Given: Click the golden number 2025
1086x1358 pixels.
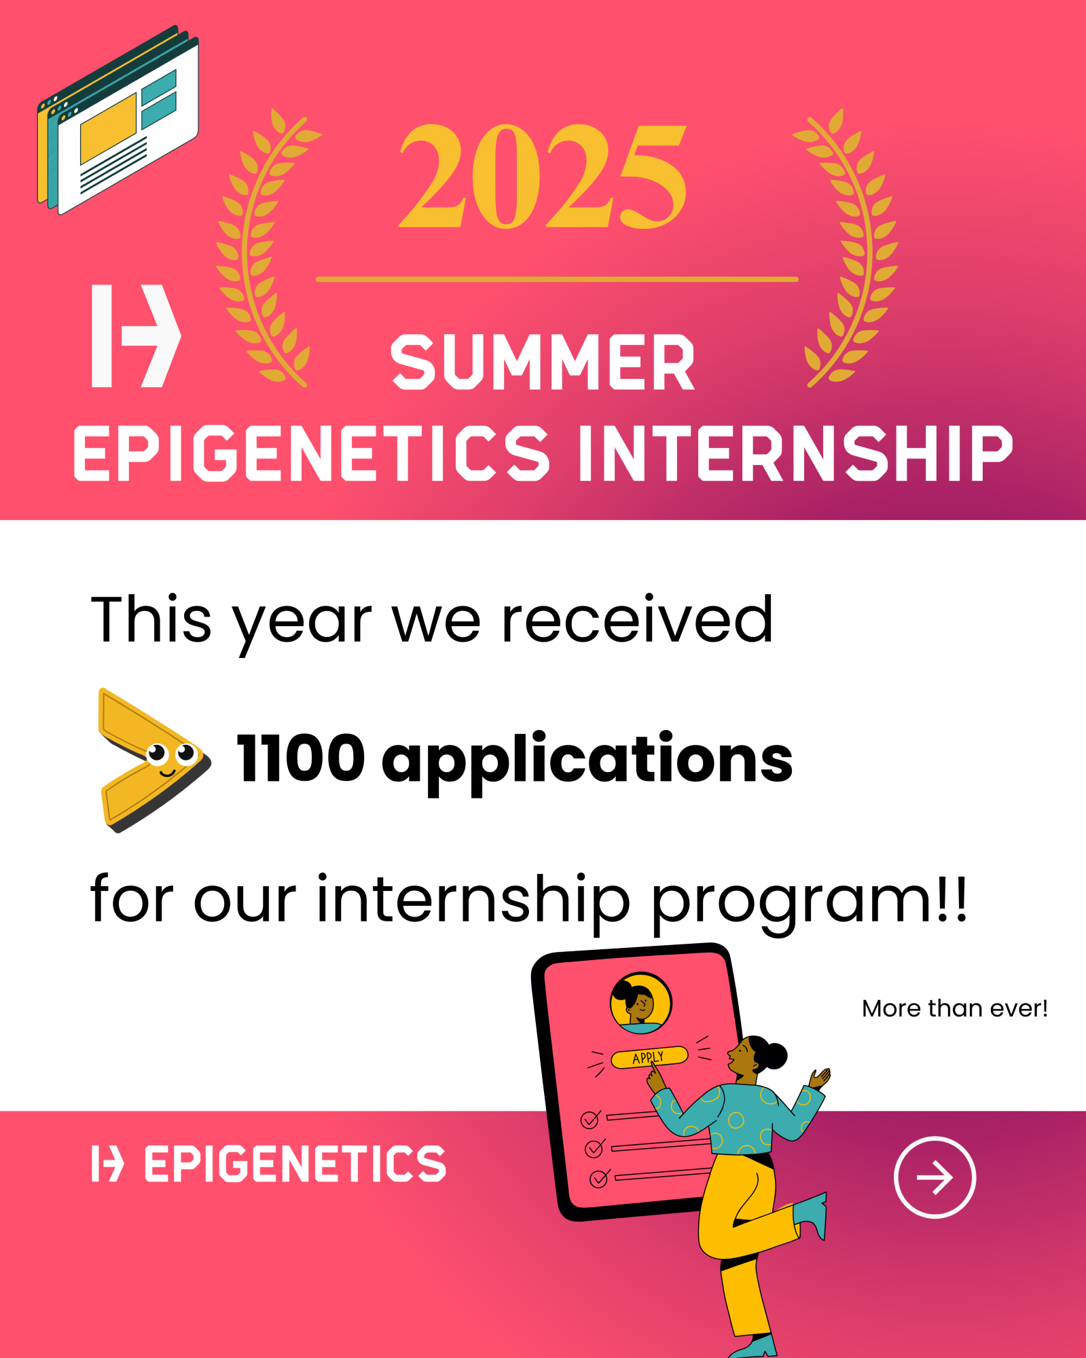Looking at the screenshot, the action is pyautogui.click(x=543, y=176).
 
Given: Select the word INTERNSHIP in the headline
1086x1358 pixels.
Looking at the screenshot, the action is pyautogui.click(x=795, y=453).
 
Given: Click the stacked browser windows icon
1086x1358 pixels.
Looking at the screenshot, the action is pyautogui.click(x=118, y=120).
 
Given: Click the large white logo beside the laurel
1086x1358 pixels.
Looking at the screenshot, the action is pyautogui.click(x=136, y=335).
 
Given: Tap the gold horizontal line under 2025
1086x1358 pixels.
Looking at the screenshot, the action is pyautogui.click(x=557, y=279).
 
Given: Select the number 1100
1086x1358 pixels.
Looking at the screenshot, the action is pyautogui.click(x=301, y=758).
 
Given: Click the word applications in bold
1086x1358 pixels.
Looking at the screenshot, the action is pyautogui.click(x=587, y=762).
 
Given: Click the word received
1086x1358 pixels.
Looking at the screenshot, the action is pyautogui.click(x=637, y=619).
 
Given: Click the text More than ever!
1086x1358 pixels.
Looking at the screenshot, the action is pyautogui.click(x=954, y=1008).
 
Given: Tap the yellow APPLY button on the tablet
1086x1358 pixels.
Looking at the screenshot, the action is pyautogui.click(x=649, y=1057).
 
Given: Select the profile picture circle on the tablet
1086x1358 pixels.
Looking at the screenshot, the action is pyautogui.click(x=640, y=1003).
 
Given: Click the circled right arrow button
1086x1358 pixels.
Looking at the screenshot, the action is pyautogui.click(x=935, y=1177).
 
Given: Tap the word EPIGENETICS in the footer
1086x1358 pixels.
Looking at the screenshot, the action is pyautogui.click(x=295, y=1164).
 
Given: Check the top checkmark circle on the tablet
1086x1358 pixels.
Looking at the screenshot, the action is pyautogui.click(x=590, y=1120).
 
